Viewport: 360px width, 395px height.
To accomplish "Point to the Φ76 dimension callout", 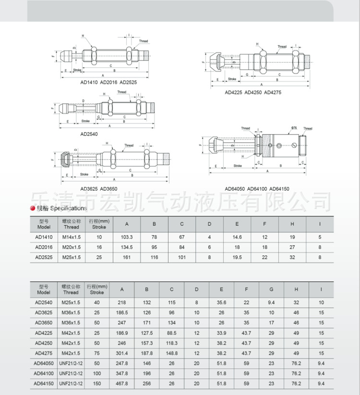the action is [294, 128].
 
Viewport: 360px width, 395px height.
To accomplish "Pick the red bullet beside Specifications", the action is [32, 208].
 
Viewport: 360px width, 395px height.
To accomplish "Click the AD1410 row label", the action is [44, 237].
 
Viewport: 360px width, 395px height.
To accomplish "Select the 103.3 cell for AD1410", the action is [127, 237].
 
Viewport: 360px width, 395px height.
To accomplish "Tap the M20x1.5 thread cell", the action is [71, 247].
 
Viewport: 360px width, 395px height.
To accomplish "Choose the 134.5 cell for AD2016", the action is [127, 247].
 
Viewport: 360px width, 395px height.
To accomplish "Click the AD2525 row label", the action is [44, 257].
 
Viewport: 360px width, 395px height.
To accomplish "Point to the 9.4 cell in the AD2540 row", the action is [271, 302].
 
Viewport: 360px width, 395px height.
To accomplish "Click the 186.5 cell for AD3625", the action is [122, 312].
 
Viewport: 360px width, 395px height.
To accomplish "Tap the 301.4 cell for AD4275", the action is [122, 353].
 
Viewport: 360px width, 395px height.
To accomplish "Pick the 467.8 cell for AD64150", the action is [122, 383].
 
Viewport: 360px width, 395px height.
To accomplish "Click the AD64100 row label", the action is [43, 373].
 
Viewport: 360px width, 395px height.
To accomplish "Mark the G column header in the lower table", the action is [271, 289].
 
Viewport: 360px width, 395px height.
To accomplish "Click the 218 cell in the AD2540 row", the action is [122, 302].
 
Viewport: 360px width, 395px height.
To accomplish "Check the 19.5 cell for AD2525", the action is [237, 257].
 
